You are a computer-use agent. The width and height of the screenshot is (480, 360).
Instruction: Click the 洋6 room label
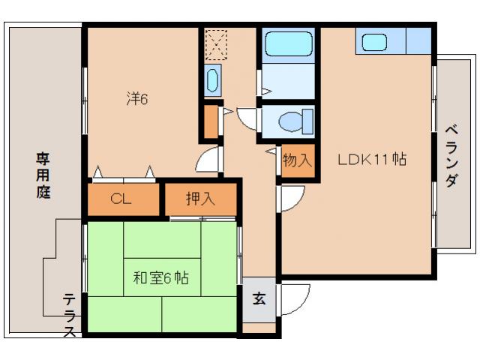tap(136, 97)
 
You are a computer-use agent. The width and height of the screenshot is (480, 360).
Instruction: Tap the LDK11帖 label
tap(372, 160)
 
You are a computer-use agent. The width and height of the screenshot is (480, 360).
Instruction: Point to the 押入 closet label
tap(200, 199)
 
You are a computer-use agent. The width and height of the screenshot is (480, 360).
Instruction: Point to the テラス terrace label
tap(70, 315)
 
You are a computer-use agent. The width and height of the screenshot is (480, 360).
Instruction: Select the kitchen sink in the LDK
tap(373, 41)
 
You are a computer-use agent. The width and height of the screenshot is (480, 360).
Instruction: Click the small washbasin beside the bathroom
tap(211, 78)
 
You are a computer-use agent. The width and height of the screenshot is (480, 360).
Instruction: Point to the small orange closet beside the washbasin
tap(211, 121)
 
